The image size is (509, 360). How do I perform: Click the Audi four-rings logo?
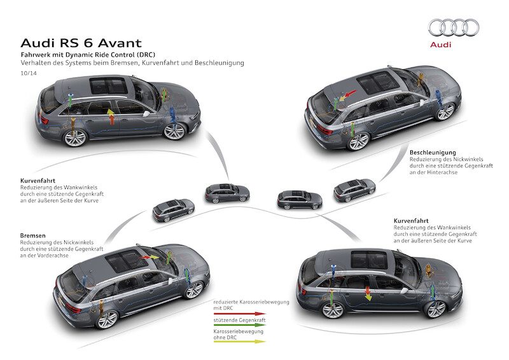point(453,27)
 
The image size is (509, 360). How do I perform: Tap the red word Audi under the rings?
point(453,45)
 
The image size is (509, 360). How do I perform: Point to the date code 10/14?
point(28,74)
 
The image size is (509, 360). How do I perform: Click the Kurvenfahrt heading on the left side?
point(38,181)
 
